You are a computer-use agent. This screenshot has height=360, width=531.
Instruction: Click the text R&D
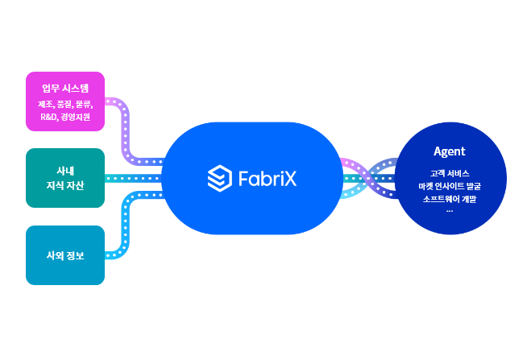(48, 117)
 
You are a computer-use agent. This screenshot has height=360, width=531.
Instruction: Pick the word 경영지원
(75, 117)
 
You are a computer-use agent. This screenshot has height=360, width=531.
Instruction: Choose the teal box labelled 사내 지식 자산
(65, 178)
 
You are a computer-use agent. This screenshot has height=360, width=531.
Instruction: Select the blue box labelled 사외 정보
(65, 255)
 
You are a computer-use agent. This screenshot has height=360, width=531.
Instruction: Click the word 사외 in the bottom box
(55, 255)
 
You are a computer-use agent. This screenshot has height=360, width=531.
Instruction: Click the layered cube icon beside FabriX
(219, 178)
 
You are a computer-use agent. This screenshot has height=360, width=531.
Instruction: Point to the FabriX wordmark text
(267, 178)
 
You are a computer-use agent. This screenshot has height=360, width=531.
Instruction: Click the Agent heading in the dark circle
(449, 151)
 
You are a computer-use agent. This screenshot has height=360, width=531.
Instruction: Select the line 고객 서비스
(449, 173)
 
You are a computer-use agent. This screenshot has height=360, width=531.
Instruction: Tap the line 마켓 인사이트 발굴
(449, 186)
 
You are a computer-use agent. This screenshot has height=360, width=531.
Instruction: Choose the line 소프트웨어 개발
(449, 199)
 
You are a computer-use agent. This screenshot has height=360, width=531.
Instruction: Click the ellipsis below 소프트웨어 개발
(449, 209)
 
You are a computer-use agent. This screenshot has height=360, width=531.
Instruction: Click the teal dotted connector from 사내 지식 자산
(133, 178)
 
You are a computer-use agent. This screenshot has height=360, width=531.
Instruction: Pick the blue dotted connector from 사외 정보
(125, 226)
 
